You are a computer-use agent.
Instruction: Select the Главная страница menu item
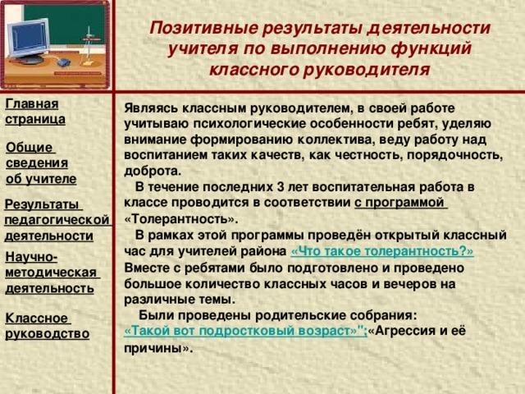pyautogui.click(x=34, y=111)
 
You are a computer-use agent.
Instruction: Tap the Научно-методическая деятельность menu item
pyautogui.click(x=49, y=273)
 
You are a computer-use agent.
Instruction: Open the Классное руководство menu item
pyautogui.click(x=47, y=325)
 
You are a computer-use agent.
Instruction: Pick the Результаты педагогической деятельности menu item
pyautogui.click(x=56, y=219)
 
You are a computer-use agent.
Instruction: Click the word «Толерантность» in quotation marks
pyautogui.click(x=180, y=220)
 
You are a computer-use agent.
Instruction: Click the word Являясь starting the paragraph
pyautogui.click(x=149, y=108)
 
